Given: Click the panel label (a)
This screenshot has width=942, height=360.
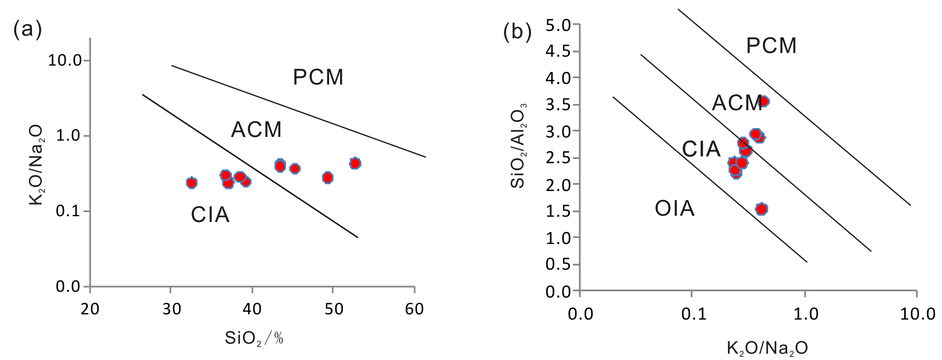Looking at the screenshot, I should tap(27, 29).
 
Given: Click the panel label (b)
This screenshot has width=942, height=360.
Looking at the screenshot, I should tap(517, 32).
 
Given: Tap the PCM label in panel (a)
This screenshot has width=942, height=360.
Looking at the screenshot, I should tap(318, 78).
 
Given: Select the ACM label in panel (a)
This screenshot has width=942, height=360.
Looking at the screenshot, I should tap(256, 130).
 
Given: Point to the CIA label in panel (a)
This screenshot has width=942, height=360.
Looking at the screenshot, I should tap(210, 215).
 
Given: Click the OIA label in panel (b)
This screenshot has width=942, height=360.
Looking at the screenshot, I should tap(674, 209).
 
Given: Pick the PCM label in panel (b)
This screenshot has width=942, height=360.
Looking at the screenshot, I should tap(771, 46).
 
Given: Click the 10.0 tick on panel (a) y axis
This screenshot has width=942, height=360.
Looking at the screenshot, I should tap(65, 60).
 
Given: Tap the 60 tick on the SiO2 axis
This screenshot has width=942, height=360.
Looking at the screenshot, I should tap(414, 309).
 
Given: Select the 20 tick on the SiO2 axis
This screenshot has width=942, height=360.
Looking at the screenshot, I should tap(90, 309).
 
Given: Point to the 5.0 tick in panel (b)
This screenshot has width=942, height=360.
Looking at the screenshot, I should tap(558, 25).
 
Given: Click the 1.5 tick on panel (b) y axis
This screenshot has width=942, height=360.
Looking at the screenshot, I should tap(558, 211).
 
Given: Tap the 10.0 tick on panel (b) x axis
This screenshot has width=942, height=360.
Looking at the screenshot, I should tap(917, 314).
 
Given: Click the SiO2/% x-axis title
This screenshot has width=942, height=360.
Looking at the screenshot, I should tap(255, 338).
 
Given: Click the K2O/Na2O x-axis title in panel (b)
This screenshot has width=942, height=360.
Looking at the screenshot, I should tap(767, 348).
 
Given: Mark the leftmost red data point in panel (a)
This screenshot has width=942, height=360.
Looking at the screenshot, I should tap(192, 183).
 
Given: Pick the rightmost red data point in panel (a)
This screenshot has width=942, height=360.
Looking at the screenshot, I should tap(355, 163).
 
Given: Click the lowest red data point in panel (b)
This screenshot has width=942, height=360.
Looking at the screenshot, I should tap(761, 209).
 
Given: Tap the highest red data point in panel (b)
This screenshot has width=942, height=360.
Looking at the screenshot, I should tap(764, 101).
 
